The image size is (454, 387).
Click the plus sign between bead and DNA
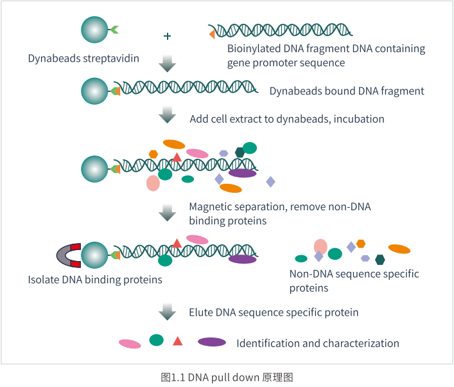168,36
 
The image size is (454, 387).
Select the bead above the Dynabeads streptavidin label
94,30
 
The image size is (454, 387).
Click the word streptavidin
111,59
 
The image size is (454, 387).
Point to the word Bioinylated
254,48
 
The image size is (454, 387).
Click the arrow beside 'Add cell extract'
168,115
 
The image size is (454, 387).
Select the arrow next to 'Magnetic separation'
168,213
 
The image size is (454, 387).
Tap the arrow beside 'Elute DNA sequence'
168,312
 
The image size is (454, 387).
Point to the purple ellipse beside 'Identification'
212,342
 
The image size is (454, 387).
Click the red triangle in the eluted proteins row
177,341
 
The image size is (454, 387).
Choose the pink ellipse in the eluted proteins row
130,344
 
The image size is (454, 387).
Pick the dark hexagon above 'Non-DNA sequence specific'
380,260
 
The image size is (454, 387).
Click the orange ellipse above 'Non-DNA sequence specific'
399,249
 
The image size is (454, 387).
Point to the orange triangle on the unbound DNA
212,34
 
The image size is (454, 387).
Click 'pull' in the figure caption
220,378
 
